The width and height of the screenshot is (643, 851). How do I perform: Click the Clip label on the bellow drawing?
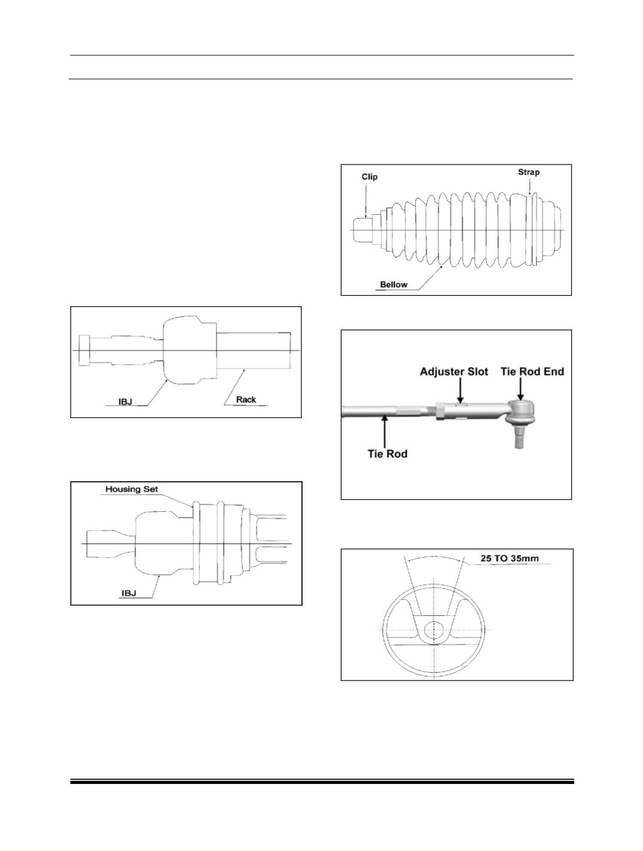click(369, 177)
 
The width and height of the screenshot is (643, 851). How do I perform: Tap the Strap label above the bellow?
click(529, 172)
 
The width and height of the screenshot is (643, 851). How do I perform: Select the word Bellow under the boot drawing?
click(394, 285)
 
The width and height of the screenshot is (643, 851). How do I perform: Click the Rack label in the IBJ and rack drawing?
click(246, 399)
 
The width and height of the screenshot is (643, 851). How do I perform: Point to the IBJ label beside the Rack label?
click(126, 402)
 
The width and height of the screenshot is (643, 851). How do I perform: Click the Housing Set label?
click(132, 490)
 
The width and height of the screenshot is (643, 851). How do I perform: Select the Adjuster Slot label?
click(454, 372)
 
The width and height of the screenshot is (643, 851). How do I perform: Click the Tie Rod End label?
click(532, 372)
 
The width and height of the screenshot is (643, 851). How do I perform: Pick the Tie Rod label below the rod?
click(388, 454)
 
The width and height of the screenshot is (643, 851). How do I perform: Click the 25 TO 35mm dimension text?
click(510, 559)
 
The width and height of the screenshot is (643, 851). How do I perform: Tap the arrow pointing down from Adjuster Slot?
click(460, 391)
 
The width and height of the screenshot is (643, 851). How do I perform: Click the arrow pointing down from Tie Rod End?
click(520, 390)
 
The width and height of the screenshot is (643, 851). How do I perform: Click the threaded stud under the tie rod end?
click(519, 437)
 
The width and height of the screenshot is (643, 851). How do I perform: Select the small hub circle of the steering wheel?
click(434, 630)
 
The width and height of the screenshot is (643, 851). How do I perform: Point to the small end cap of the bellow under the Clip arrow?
click(362, 230)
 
